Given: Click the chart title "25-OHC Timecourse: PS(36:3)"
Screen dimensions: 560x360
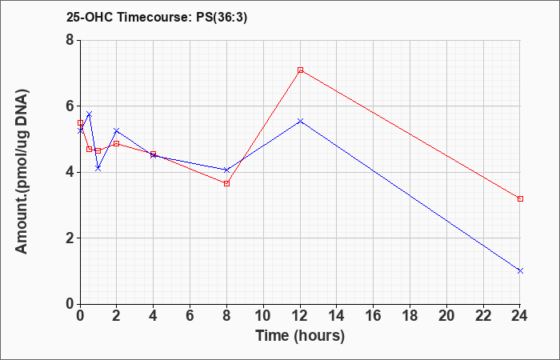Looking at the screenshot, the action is (x=157, y=18).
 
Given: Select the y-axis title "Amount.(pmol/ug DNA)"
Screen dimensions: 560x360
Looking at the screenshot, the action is (x=22, y=172).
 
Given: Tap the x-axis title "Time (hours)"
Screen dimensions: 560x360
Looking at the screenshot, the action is (x=300, y=336).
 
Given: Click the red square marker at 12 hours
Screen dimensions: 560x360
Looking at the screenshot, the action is (x=300, y=70).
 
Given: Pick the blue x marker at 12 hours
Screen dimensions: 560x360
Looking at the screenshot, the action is (x=300, y=121).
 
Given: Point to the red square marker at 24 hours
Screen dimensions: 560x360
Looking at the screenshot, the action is (x=520, y=198).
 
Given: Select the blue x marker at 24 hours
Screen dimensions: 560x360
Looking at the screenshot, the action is (x=520, y=270).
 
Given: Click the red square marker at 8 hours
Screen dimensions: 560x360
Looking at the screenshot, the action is (x=226, y=183).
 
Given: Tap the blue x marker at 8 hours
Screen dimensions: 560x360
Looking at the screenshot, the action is (x=226, y=170).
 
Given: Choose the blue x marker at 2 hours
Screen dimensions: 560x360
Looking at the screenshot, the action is (x=117, y=130).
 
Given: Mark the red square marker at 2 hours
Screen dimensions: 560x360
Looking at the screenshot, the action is (x=117, y=143).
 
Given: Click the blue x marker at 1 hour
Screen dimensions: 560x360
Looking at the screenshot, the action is (x=98, y=168).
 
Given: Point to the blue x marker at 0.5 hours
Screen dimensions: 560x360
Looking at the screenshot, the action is (x=90, y=114).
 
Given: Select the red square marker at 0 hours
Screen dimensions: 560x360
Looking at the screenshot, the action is (x=80, y=122).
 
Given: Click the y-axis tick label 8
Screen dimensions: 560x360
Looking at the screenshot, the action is (x=70, y=40).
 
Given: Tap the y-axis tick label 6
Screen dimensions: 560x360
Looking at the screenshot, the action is (x=70, y=106).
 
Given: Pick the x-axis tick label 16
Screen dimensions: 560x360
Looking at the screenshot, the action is (x=374, y=316).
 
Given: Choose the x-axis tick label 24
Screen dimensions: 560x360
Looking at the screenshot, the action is (x=519, y=316).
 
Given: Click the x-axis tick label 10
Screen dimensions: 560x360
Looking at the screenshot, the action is (x=263, y=316).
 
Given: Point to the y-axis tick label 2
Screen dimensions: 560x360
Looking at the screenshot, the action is (x=70, y=238).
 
